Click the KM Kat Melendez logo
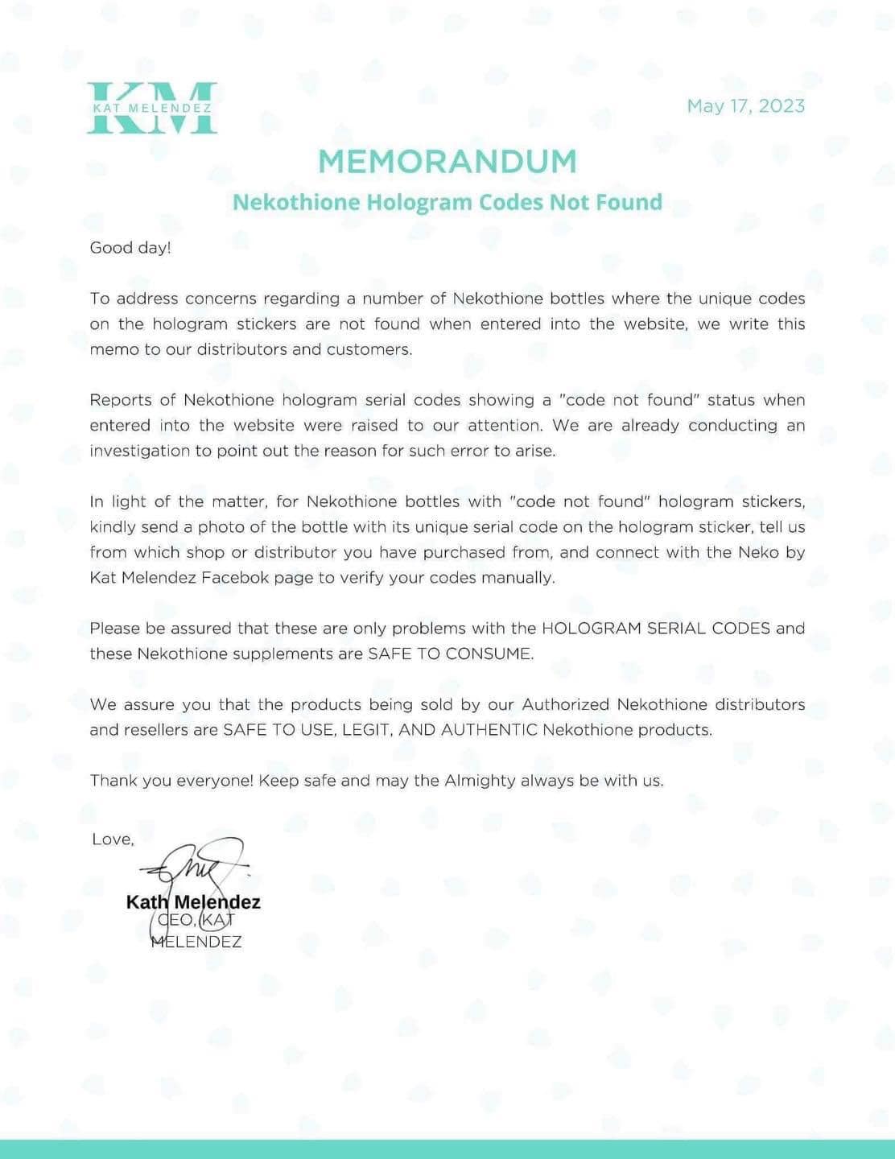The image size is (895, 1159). pos(152,107)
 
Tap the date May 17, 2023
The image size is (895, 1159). pos(745,106)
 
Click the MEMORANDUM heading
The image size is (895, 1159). pos(447,162)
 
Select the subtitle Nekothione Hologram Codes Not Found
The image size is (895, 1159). pos(447,202)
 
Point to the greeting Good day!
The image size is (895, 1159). pos(130,248)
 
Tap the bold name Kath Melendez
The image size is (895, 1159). pos(193,902)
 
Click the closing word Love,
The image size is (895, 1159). pos(113,839)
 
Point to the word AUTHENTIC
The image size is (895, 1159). pos(489,730)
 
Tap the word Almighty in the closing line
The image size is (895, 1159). pos(480,781)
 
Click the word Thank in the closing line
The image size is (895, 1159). pos(113,781)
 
